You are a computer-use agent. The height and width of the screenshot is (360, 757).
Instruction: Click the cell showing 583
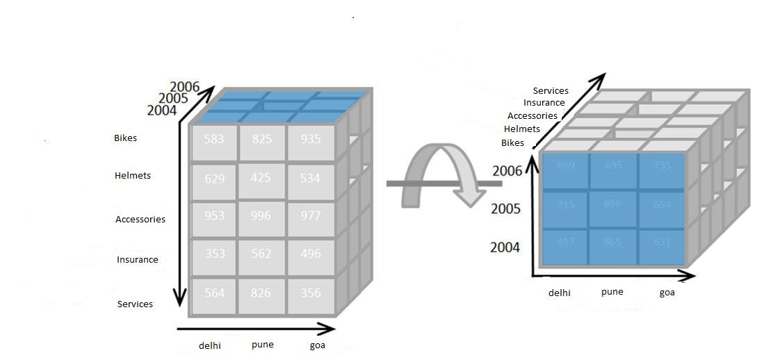[x=214, y=140]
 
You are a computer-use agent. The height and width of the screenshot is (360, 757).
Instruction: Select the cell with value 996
[x=261, y=216]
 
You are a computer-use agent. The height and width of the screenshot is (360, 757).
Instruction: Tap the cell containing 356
[x=311, y=293]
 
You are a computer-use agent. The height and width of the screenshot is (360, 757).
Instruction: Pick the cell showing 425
[x=261, y=179]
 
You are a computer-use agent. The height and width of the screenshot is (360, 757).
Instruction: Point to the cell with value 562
[x=261, y=254]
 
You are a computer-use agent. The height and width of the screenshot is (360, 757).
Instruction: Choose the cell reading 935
[x=311, y=140]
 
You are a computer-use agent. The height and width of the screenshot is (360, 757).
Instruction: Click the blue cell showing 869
[x=566, y=166]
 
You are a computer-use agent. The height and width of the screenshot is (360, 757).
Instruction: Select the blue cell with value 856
[x=612, y=204]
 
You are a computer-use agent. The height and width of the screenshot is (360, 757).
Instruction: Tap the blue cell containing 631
[x=662, y=243]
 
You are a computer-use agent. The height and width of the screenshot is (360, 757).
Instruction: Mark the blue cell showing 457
[x=566, y=243]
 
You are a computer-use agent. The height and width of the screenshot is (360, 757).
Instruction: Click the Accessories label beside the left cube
[x=140, y=220]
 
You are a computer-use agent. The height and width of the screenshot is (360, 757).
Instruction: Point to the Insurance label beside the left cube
[x=138, y=260]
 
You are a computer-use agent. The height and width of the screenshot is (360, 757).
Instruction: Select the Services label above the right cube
[x=551, y=91]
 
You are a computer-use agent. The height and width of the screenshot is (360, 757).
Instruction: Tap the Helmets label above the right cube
[x=522, y=129]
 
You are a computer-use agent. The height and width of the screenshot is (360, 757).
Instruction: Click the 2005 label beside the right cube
[x=505, y=209]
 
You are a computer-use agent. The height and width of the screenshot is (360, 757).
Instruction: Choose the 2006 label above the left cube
[x=184, y=88]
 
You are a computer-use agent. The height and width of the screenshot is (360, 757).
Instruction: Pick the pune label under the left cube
[x=263, y=345]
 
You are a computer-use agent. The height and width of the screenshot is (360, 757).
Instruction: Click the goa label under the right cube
[x=667, y=293]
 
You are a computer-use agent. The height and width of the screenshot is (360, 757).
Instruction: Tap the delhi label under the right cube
[x=560, y=293]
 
